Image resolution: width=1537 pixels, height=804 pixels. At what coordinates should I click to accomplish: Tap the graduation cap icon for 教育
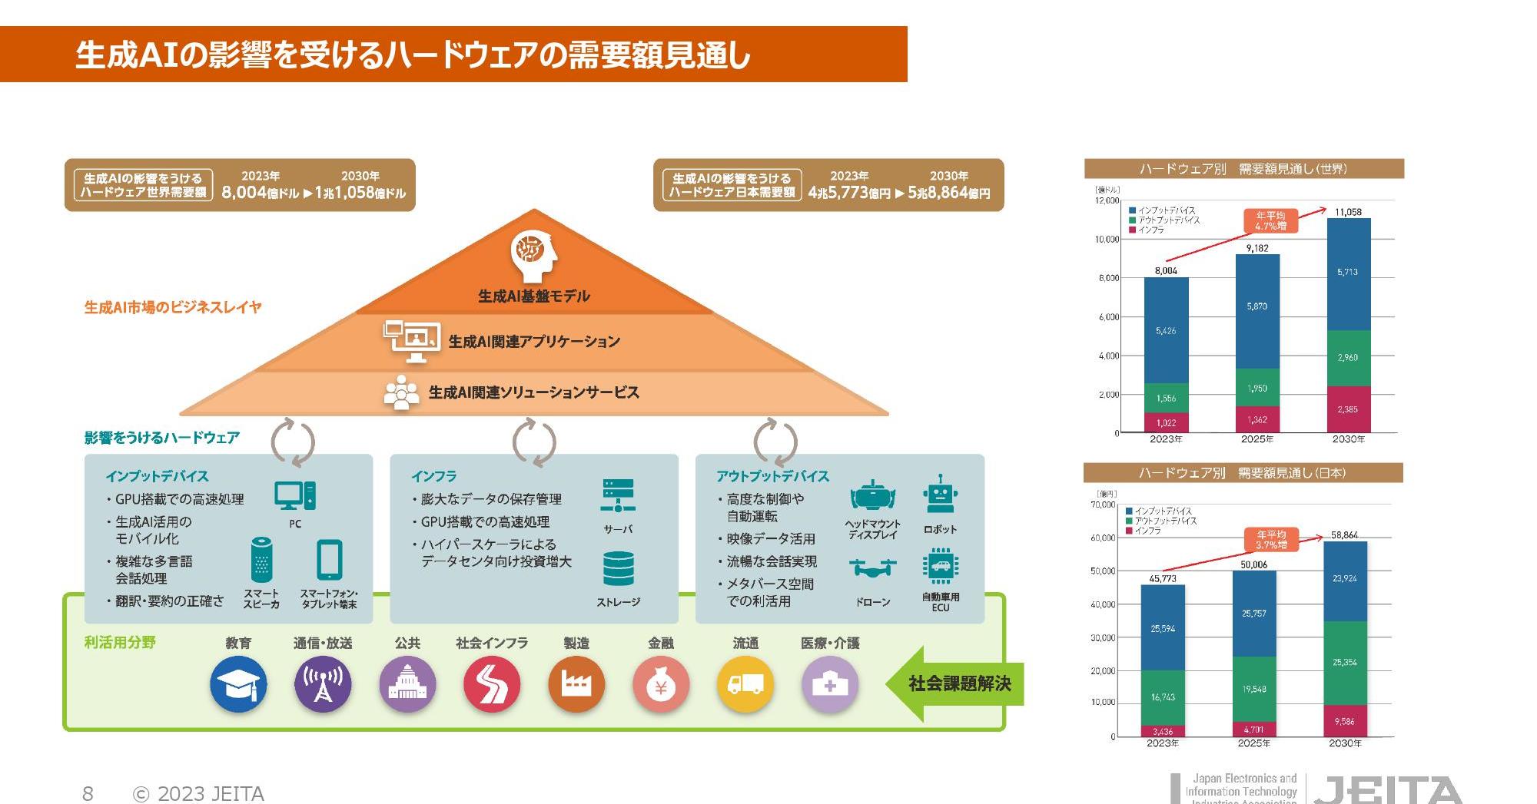point(238,684)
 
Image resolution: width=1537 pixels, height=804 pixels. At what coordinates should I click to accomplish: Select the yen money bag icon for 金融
point(661,684)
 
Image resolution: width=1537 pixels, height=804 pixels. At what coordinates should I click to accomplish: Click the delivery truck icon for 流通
point(745,684)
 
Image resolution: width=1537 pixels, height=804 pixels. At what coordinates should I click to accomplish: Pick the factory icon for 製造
point(576,684)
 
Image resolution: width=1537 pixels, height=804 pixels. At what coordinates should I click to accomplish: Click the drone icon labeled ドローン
point(873,569)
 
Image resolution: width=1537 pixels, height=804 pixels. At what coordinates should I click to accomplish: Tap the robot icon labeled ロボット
point(940,495)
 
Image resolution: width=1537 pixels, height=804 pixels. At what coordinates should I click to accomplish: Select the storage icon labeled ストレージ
point(619,569)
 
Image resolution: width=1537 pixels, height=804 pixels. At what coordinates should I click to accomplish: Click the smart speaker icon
point(261,560)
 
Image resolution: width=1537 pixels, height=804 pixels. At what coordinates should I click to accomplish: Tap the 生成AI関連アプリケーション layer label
point(534,342)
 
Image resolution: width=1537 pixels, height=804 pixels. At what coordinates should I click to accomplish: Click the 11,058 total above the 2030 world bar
point(1348,212)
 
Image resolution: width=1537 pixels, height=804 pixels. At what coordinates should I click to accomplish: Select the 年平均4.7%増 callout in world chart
point(1270,221)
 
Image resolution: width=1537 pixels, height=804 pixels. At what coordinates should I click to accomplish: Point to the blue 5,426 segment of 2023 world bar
point(1166,330)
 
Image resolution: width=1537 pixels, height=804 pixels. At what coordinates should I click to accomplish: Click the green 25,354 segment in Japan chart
point(1344,662)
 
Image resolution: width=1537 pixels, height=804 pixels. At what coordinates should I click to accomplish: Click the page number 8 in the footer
point(88,793)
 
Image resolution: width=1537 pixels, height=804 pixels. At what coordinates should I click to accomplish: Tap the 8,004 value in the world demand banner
point(244,192)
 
